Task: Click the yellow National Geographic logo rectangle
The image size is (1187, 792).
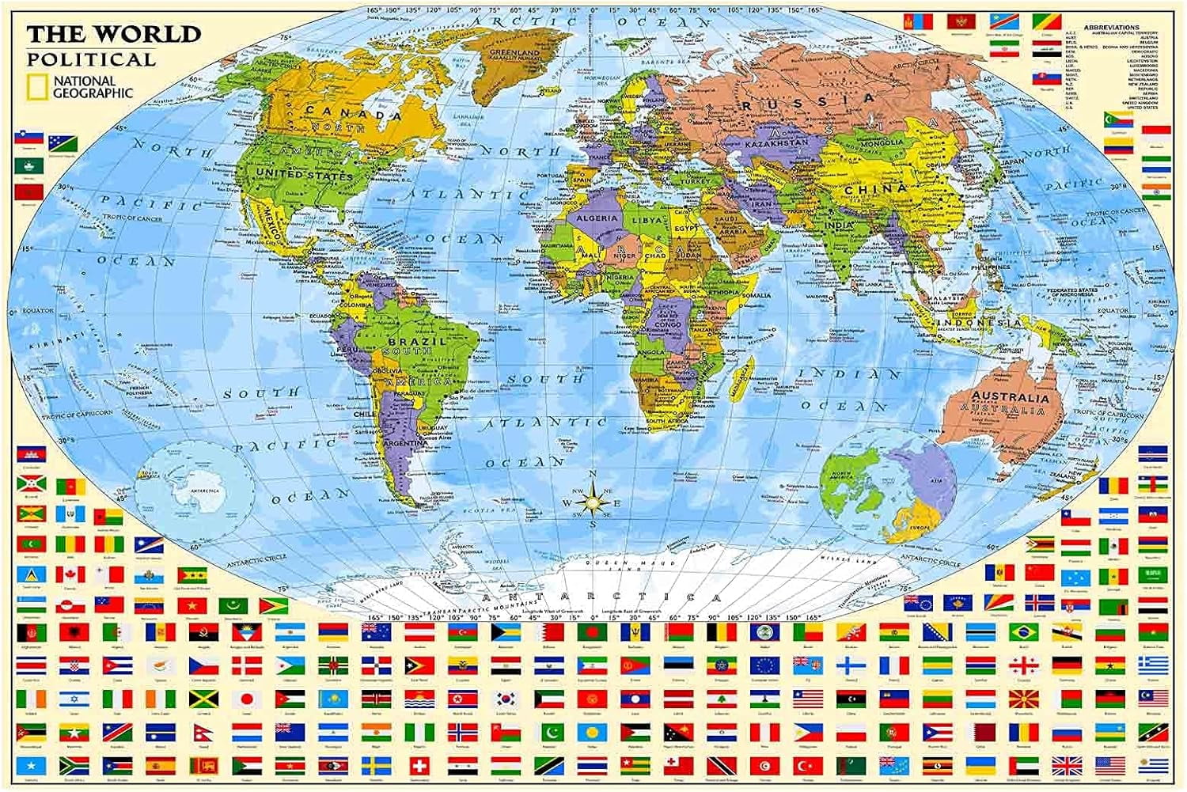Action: point(38,87)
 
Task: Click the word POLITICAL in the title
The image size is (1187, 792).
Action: point(91,60)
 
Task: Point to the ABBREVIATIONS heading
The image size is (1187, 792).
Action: point(1112,28)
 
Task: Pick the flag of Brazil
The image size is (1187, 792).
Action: point(1023,631)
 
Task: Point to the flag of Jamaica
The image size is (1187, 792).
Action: point(203,699)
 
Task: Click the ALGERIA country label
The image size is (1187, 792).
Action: point(597,218)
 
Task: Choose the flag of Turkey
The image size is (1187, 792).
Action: point(808,766)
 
